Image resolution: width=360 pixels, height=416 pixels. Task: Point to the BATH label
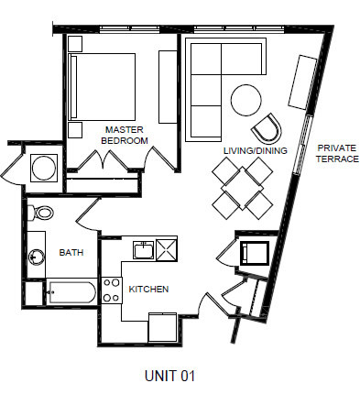click(71, 252)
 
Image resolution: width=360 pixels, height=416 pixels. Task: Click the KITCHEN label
click(147, 289)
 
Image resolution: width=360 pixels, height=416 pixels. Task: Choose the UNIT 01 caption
click(169, 376)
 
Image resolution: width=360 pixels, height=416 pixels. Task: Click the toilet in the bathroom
click(42, 213)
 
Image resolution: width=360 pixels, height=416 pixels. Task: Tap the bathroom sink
click(37, 257)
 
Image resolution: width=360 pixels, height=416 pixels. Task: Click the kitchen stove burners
click(112, 290)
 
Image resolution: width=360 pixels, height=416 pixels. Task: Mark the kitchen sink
click(143, 250)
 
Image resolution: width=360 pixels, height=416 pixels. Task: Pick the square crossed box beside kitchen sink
click(168, 250)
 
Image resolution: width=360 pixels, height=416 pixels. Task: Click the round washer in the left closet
click(43, 170)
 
